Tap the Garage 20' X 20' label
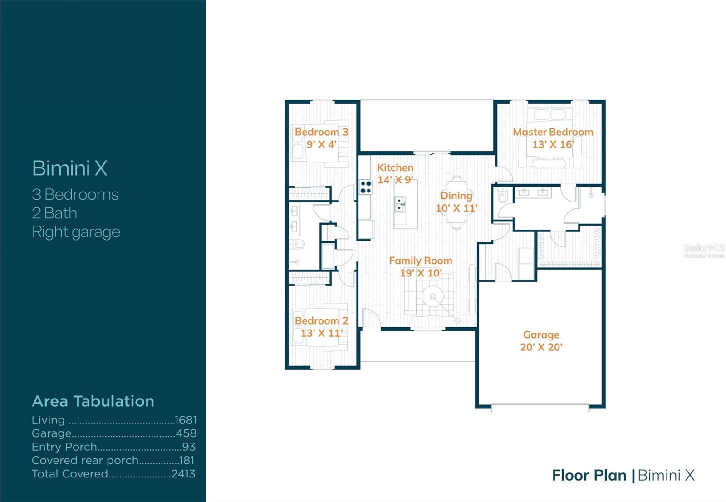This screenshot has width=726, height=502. pos(541,341)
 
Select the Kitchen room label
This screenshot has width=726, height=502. pos(395,167)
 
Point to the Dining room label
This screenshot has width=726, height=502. pos(456,196)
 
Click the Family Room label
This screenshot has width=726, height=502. pos(420,261)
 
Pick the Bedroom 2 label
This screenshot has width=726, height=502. pos(321,321)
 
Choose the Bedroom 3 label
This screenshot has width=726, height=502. pos(321,132)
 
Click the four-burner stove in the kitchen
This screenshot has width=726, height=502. pos(366,187)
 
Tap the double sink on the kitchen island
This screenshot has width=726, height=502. pos(400,204)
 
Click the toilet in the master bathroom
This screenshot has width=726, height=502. pos(502,197)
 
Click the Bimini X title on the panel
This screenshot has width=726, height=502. pos(69,168)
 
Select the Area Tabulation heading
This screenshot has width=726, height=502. pos(93,401)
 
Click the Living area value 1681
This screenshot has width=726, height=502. pos(186,420)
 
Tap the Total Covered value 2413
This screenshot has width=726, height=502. pos(183,474)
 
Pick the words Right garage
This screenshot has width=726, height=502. pos(76,232)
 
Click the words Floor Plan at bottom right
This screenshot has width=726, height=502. pos(589,475)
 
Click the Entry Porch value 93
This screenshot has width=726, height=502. pos(189,447)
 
